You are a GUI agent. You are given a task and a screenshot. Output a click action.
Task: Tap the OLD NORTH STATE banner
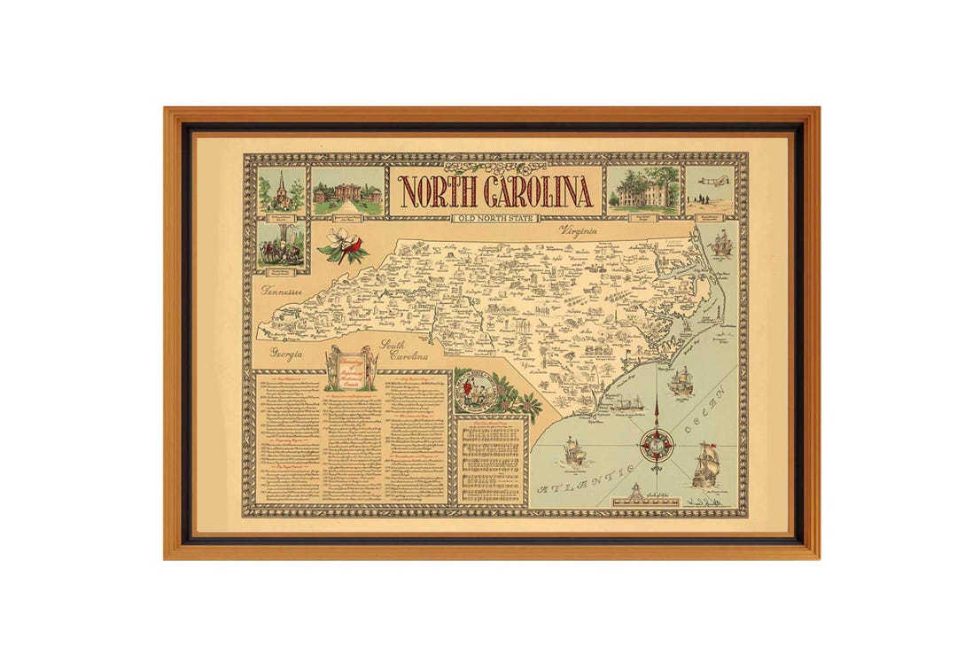pyautogui.click(x=495, y=218)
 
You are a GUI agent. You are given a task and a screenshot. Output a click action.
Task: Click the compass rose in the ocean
pyautogui.click(x=657, y=443)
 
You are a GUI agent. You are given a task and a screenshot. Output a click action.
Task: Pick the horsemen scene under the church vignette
pyautogui.click(x=282, y=245)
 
